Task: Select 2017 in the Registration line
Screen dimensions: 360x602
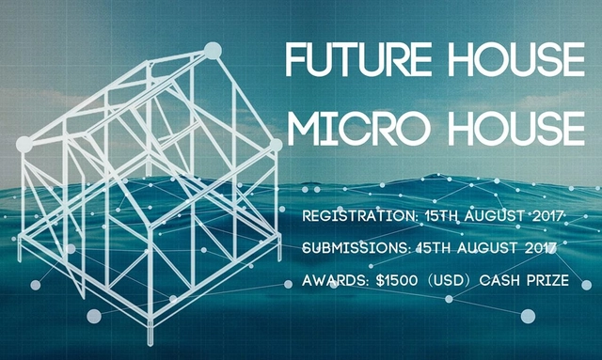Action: click(x=542, y=217)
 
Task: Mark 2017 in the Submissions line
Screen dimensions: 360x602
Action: click(x=540, y=248)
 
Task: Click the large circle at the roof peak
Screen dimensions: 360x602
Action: click(x=211, y=50)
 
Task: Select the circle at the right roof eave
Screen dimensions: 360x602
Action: click(x=275, y=146)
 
